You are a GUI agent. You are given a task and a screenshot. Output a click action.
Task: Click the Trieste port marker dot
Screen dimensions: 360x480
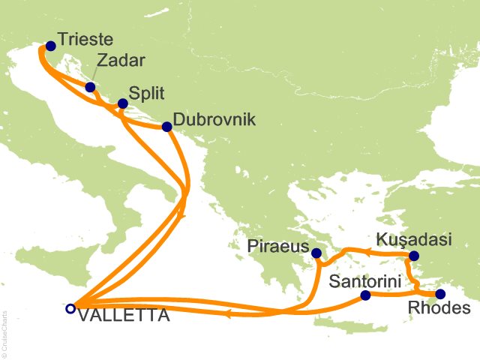[x=50, y=46]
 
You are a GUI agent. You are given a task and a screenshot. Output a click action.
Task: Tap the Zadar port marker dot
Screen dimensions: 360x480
[x=91, y=87]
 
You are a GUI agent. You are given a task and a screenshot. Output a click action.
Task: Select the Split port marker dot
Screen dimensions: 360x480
[x=123, y=103]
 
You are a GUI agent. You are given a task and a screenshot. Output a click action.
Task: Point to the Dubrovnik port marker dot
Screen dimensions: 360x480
[x=166, y=126]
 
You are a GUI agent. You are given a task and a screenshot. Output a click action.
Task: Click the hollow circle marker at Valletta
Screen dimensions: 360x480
[x=70, y=307]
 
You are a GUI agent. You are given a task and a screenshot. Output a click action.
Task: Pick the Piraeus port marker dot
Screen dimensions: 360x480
[x=317, y=253]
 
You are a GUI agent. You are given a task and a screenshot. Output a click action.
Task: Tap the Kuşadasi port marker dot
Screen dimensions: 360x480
[x=412, y=256]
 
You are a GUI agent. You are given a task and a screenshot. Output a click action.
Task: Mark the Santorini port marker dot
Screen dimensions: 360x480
[x=365, y=295]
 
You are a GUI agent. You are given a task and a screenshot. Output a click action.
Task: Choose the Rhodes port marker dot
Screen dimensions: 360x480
[x=440, y=294]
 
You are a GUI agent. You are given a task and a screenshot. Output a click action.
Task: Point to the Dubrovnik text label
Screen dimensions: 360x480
[x=214, y=120]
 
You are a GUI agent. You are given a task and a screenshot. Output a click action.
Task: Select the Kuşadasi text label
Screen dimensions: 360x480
[x=411, y=241]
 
